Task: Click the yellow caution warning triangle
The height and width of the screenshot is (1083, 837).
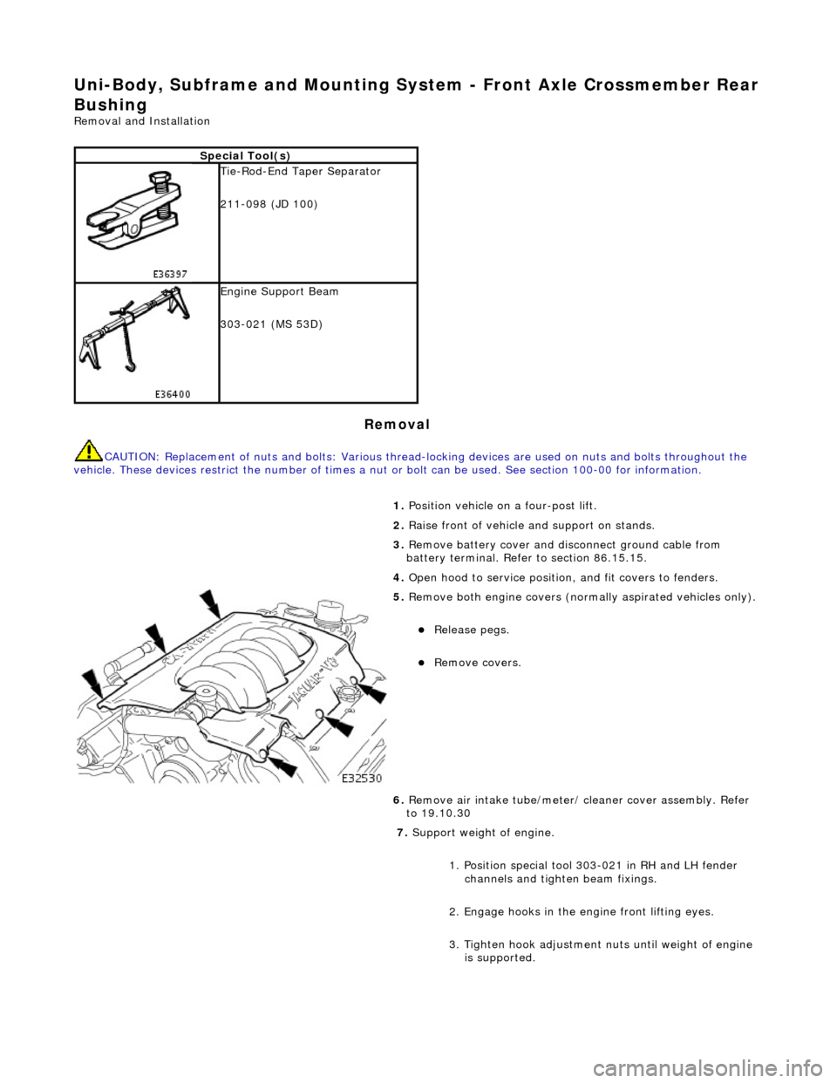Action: (x=87, y=451)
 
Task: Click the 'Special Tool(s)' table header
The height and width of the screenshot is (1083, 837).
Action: (x=246, y=155)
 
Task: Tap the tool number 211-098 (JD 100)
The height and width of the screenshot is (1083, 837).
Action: (x=269, y=204)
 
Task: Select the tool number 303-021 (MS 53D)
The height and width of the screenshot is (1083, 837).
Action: (x=271, y=324)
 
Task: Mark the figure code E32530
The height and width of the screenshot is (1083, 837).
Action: (x=360, y=777)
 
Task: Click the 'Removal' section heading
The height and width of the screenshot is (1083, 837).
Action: (x=397, y=425)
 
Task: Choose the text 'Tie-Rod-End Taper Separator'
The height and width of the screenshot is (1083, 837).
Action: (x=301, y=172)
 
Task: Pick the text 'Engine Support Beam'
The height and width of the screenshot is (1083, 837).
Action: (x=280, y=291)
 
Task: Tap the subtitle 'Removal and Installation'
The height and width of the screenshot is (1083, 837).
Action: (x=142, y=121)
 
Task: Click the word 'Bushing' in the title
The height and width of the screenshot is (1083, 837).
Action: (x=110, y=104)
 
